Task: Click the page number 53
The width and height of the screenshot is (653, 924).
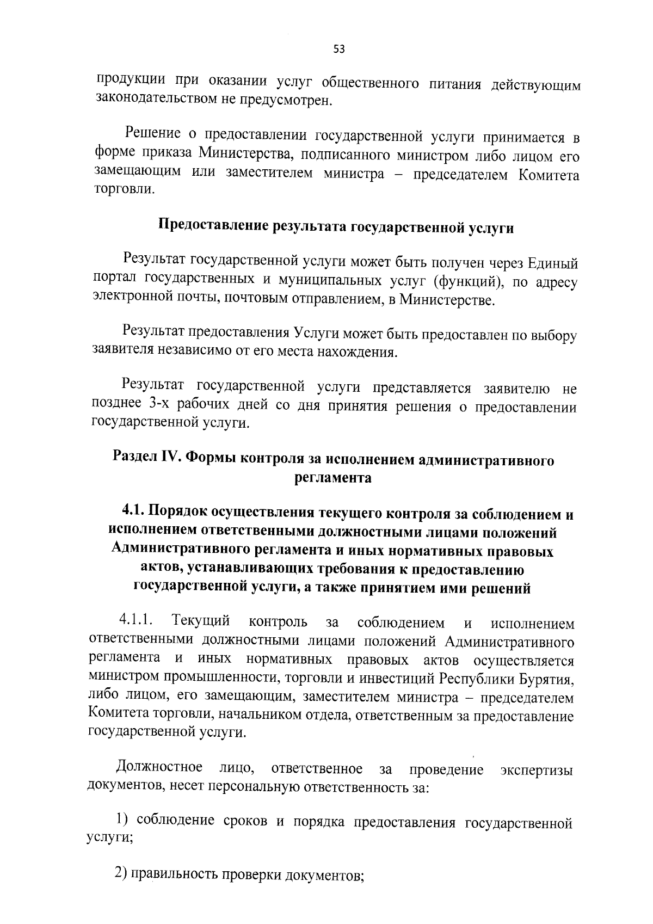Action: [338, 50]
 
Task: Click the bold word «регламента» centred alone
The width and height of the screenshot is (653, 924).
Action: [333, 478]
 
